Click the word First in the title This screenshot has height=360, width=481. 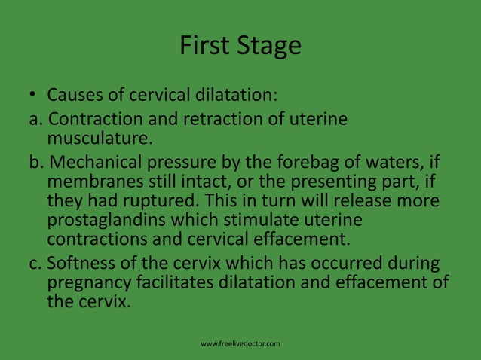click(204, 47)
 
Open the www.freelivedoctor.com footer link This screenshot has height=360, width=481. click(240, 344)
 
